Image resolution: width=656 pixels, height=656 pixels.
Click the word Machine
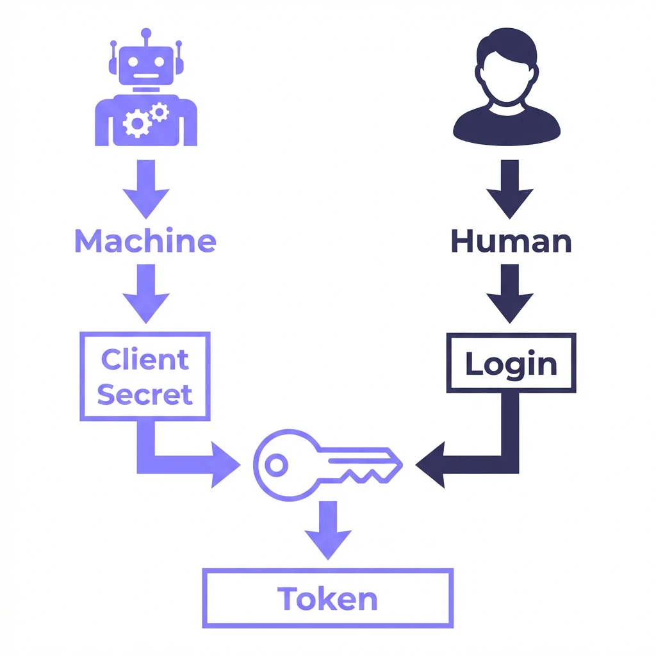click(145, 242)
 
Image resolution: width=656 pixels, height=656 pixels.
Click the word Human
click(511, 242)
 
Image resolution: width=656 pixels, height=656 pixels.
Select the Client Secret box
click(145, 376)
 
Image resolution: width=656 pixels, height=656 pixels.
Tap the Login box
click(511, 363)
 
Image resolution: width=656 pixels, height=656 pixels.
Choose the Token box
click(327, 599)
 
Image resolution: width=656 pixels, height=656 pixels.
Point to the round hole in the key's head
click(277, 465)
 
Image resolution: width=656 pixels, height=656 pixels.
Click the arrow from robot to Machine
click(146, 189)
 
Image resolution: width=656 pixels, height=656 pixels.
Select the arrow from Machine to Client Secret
click(146, 295)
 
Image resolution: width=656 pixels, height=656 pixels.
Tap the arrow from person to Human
click(510, 189)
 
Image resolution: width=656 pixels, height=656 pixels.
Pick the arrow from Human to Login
click(510, 295)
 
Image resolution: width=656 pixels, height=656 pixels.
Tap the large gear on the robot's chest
click(136, 123)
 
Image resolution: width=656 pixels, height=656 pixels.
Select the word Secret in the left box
click(145, 394)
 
